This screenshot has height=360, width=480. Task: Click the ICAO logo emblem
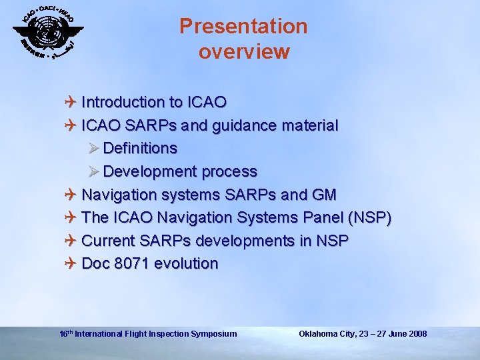47,31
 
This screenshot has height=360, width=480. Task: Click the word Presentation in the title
243,26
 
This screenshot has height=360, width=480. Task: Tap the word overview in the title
244,51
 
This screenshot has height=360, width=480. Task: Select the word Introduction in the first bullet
123,102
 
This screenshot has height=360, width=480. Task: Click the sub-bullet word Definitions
140,148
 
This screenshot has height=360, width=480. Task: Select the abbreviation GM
323,195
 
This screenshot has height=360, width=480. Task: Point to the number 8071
132,264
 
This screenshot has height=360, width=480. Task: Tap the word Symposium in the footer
213,333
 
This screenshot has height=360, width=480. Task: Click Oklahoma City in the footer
327,333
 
